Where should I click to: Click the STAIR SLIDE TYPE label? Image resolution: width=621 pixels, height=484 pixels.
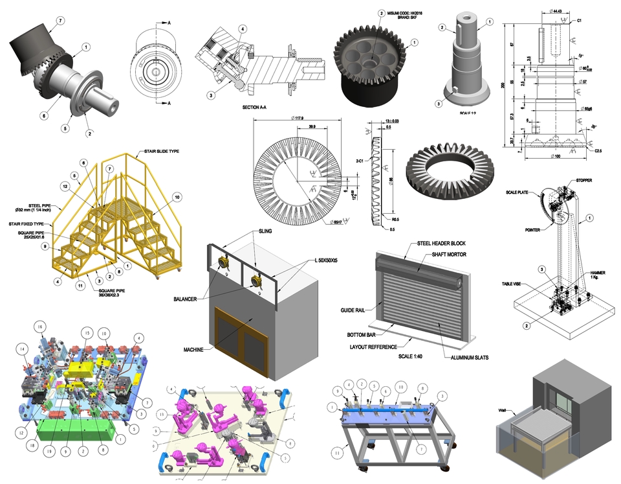(158, 152)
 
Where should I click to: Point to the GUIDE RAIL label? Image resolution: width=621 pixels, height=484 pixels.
(354, 311)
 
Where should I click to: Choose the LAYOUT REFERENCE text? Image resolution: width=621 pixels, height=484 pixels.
(377, 347)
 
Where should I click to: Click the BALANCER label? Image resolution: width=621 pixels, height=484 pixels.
(186, 299)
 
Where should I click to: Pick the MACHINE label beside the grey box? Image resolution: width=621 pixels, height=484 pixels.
(193, 350)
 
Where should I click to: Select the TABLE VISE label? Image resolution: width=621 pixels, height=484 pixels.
(515, 284)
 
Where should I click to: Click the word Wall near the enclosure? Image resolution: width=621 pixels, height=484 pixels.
(503, 410)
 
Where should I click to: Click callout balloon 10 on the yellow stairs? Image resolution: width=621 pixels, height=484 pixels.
(176, 197)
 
